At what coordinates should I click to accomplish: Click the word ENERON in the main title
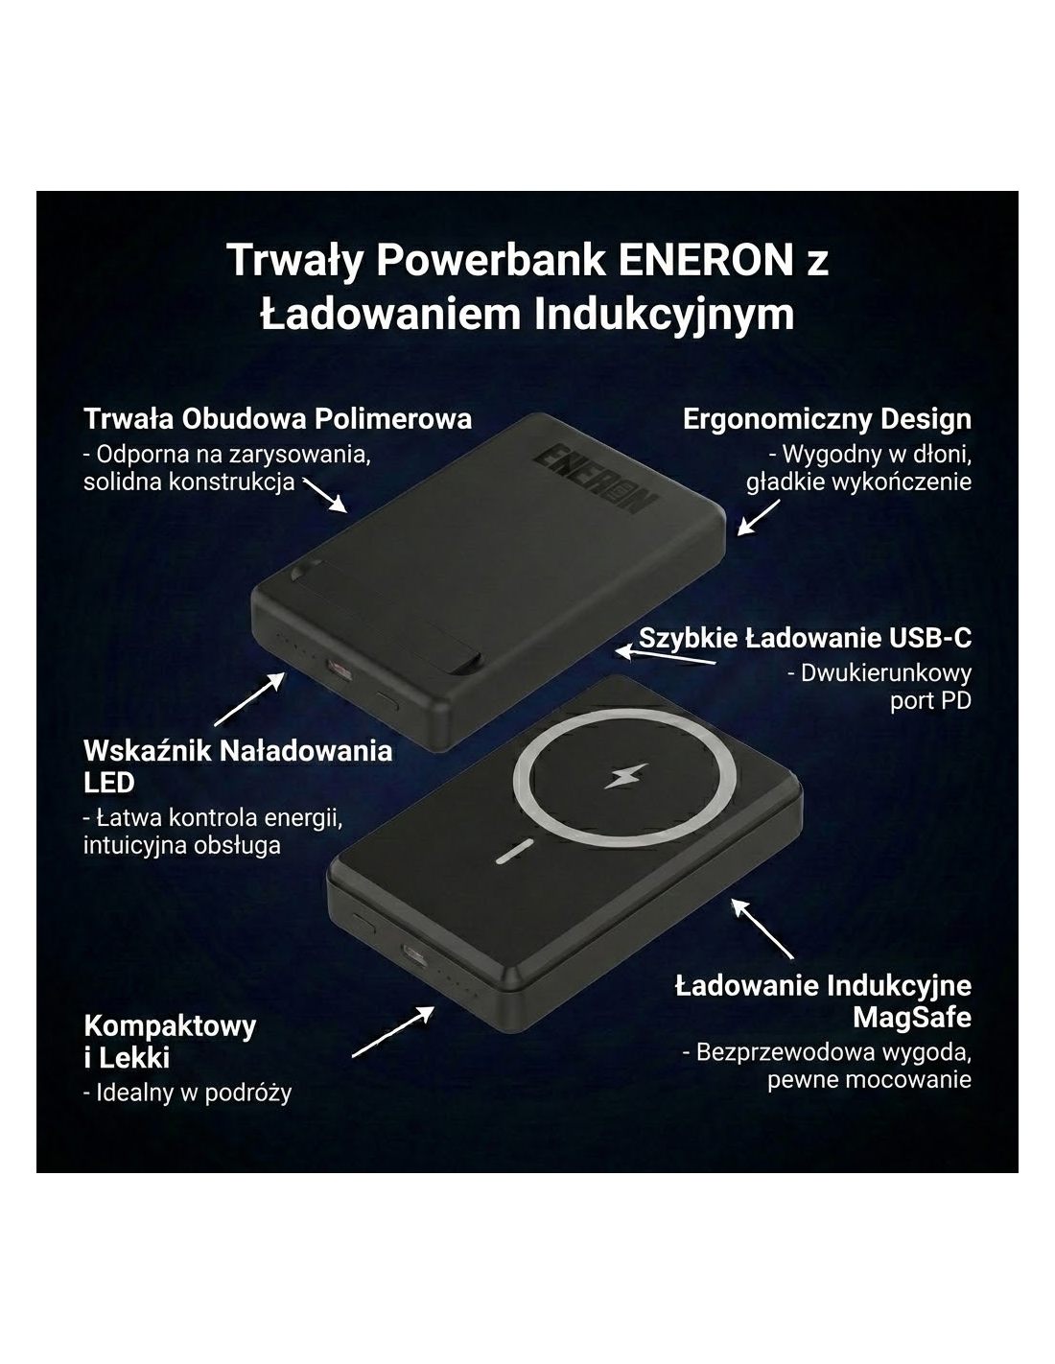pyautogui.click(x=706, y=260)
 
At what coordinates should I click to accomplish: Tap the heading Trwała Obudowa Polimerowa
pyautogui.click(x=277, y=418)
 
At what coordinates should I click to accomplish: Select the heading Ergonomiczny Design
pyautogui.click(x=827, y=419)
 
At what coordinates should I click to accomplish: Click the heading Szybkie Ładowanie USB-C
pyautogui.click(x=806, y=639)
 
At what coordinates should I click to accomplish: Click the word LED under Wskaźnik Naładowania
pyautogui.click(x=109, y=783)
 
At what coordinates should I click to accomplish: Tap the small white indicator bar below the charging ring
pyautogui.click(x=514, y=851)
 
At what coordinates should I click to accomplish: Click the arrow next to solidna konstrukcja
pyautogui.click(x=325, y=496)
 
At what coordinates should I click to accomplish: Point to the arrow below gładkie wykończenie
pyautogui.click(x=758, y=518)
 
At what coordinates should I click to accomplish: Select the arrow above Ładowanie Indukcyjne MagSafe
pyautogui.click(x=763, y=929)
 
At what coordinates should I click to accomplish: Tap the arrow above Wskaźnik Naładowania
pyautogui.click(x=249, y=699)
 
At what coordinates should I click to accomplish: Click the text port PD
pyautogui.click(x=930, y=700)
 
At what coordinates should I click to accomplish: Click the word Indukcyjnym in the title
pyautogui.click(x=664, y=315)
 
